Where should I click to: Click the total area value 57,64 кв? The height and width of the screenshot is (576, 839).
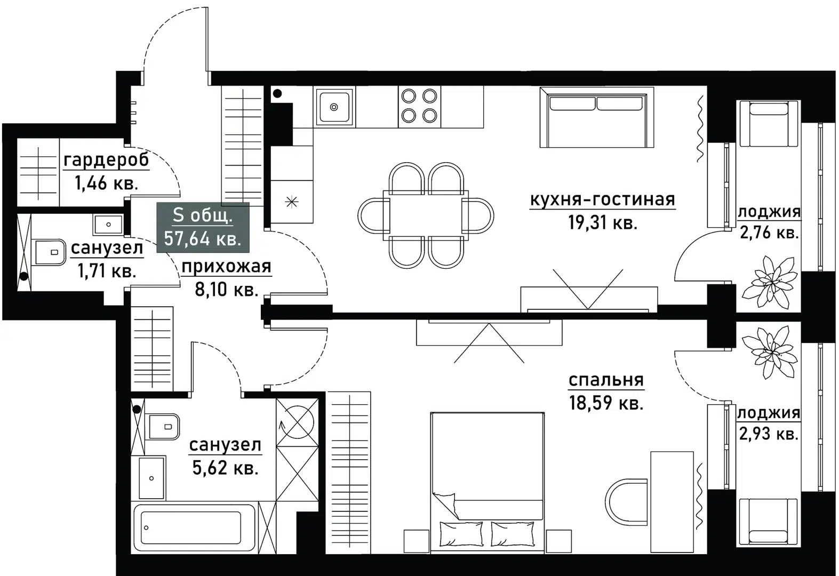click(203, 238)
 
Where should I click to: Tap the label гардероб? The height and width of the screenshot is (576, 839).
click(106, 159)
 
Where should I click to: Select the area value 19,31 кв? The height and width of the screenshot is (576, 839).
click(603, 222)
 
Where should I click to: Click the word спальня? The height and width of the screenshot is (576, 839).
click(606, 380)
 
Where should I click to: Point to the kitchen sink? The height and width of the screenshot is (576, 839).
click(334, 107)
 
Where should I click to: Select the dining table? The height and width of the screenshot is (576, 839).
click(426, 214)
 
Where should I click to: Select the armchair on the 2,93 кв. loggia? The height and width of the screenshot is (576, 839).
click(768, 521)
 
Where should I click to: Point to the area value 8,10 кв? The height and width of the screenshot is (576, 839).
click(227, 290)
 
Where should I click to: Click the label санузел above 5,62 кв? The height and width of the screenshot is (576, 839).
click(225, 444)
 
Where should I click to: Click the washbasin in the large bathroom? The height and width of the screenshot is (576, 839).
click(151, 477)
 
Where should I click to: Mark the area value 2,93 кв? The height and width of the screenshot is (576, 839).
click(769, 434)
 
